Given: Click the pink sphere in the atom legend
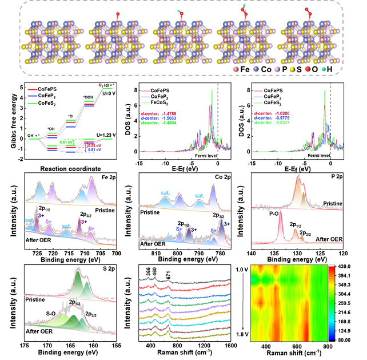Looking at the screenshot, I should click(x=236, y=69).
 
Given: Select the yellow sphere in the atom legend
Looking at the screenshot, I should click(x=292, y=69).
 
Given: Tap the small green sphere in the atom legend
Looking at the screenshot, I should click(x=324, y=69).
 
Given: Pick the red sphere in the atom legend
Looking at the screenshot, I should click(x=308, y=69).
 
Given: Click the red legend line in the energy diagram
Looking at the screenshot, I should click(x=33, y=90).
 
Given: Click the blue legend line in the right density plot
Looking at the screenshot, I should click(x=258, y=97).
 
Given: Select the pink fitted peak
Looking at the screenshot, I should click(x=281, y=226).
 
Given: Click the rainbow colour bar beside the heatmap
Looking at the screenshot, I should click(x=332, y=303).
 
